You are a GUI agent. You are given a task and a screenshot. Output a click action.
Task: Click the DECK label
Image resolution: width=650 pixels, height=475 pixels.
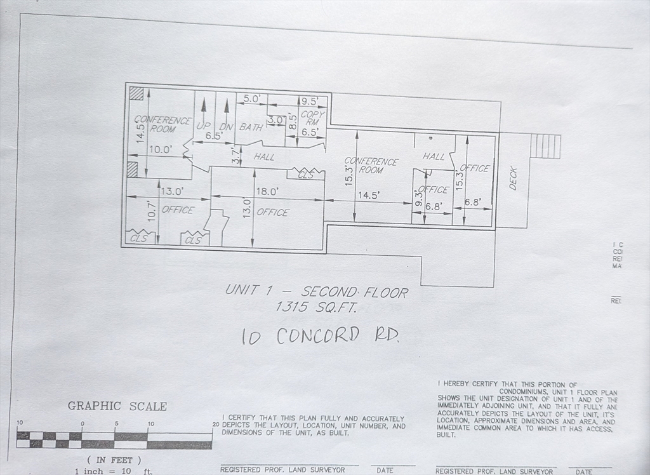click(x=513, y=178)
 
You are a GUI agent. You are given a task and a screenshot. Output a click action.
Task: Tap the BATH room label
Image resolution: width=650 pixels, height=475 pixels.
click(x=251, y=127)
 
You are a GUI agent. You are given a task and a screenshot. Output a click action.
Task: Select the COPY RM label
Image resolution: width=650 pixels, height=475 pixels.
click(x=312, y=118)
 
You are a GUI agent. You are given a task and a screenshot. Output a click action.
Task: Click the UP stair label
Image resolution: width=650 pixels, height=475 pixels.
click(x=203, y=126)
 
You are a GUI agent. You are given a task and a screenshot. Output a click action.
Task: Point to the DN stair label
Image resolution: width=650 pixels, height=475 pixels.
click(x=227, y=126)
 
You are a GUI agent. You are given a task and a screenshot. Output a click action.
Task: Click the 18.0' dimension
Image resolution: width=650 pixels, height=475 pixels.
click(x=267, y=191)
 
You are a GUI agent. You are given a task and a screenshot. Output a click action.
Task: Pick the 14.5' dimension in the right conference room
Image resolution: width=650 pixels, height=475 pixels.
click(x=368, y=196)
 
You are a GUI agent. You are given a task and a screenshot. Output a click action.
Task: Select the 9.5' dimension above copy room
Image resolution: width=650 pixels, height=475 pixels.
click(x=311, y=101)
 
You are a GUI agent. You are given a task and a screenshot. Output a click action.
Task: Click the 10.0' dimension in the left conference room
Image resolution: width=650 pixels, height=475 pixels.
click(x=160, y=150)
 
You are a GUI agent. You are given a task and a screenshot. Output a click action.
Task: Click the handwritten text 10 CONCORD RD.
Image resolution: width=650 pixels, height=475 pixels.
click(x=320, y=335)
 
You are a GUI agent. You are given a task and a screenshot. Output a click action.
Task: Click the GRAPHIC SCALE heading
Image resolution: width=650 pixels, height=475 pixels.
click(x=117, y=406)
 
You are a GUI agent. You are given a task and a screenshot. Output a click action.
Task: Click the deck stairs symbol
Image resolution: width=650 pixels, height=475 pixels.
click(x=545, y=146)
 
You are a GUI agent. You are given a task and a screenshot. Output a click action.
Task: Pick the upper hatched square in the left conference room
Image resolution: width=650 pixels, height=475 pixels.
click(x=136, y=93)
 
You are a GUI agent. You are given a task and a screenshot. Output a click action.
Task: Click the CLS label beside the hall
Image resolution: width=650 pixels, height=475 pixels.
click(x=306, y=175)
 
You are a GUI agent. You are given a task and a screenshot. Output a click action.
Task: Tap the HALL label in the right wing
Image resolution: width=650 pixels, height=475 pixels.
click(x=434, y=156)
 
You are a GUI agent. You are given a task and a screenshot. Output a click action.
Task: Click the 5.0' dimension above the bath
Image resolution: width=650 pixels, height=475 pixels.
click(x=252, y=99)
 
